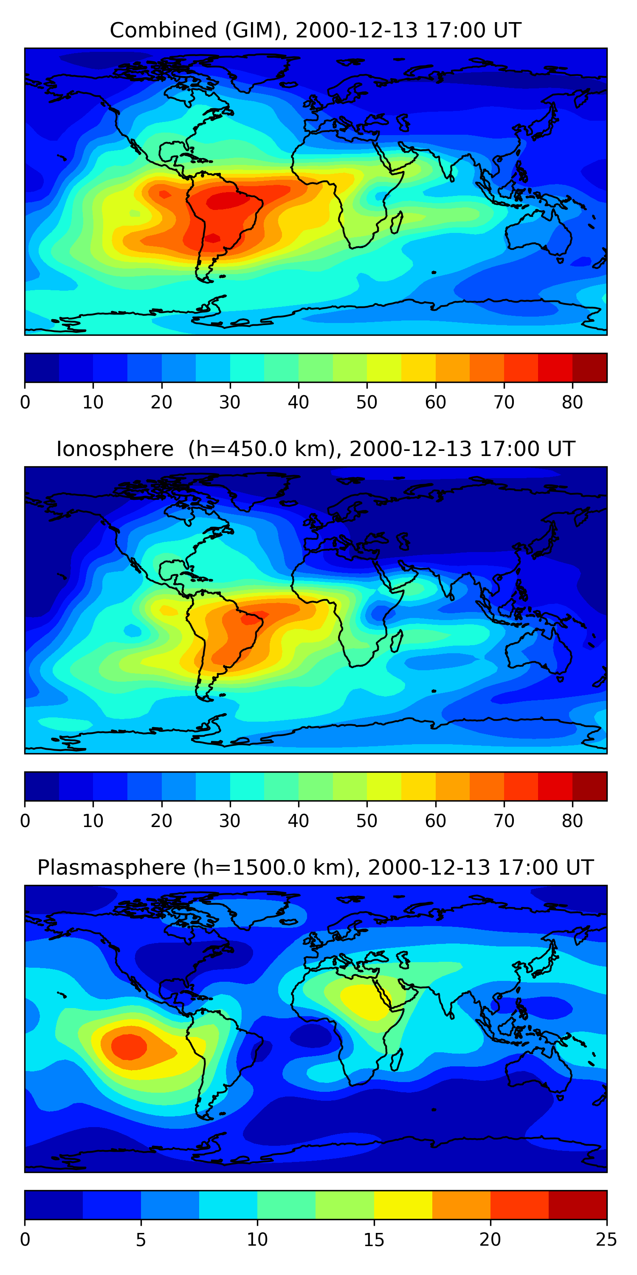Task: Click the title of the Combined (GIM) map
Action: [x=316, y=30]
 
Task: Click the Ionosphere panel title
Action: [x=316, y=449]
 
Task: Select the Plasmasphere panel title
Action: [x=316, y=868]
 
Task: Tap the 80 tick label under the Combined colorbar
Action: [x=572, y=402]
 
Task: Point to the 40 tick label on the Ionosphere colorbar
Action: [x=298, y=821]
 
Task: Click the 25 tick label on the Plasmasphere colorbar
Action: [x=606, y=1240]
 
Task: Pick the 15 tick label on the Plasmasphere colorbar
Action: [x=374, y=1240]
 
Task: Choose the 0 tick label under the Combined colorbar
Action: [x=25, y=402]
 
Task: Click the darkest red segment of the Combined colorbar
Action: [x=589, y=368]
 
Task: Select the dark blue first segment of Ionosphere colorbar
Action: [x=42, y=786]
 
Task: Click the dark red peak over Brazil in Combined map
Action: [x=225, y=201]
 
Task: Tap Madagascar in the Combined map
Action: [x=397, y=223]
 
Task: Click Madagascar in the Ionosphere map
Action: [x=397, y=641]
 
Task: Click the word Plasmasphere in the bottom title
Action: [x=111, y=868]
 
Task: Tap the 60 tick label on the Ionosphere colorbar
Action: [x=435, y=821]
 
